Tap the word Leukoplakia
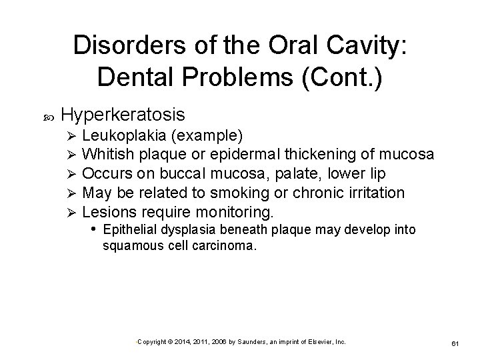[x=129, y=137]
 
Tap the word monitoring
[x=233, y=213]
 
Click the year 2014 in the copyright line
[x=180, y=341]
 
